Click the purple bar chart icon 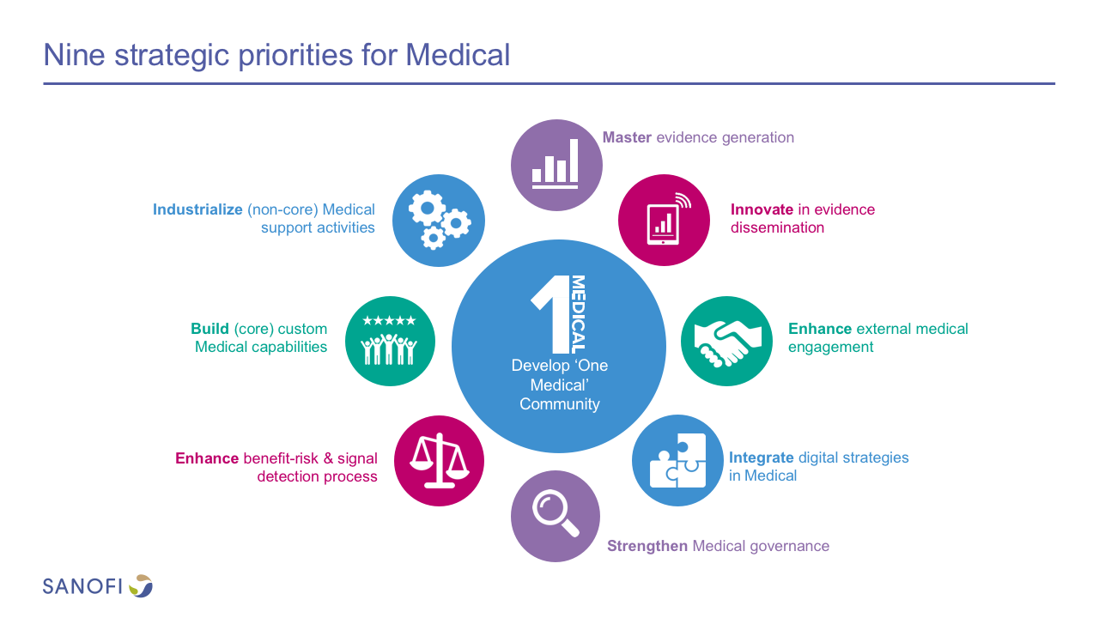[x=555, y=164]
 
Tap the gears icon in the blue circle [x=439, y=220]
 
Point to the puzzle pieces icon [x=678, y=460]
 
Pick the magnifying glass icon [x=556, y=513]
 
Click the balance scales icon [x=439, y=460]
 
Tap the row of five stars [x=389, y=321]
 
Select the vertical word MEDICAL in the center [x=578, y=314]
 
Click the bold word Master [x=627, y=137]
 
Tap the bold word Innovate [x=762, y=209]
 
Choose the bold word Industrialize [x=197, y=209]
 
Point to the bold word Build [x=209, y=329]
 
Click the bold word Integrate [x=761, y=458]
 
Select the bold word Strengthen [x=647, y=546]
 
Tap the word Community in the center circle [x=559, y=404]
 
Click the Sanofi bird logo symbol [x=141, y=585]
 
